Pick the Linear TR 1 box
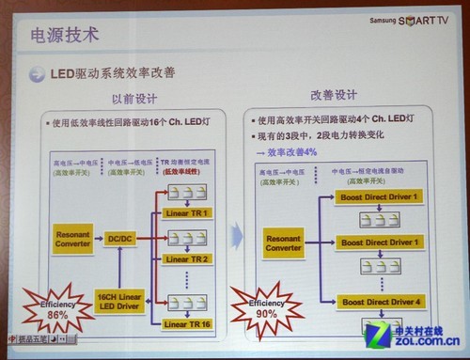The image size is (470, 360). [x=186, y=213]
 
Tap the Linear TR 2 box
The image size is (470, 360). [x=186, y=258]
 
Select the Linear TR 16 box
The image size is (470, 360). [x=186, y=323]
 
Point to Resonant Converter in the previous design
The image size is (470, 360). [x=73, y=239]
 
